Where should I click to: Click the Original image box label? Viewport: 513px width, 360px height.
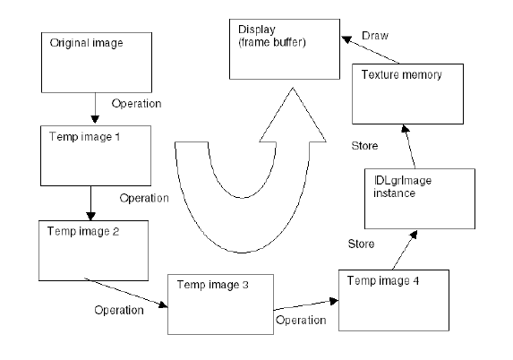[x=86, y=43]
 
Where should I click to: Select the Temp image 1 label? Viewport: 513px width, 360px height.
[x=84, y=136]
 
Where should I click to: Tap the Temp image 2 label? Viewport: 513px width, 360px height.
[x=83, y=231]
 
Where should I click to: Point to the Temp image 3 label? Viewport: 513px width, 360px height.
[x=213, y=285]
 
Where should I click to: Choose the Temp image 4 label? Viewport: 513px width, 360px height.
[x=383, y=281]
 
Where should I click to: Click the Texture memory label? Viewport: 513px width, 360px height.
[x=402, y=75]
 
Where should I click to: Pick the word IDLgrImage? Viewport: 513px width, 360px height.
[x=403, y=181]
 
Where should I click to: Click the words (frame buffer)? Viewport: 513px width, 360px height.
[x=272, y=43]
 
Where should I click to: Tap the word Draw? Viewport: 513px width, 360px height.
[x=375, y=36]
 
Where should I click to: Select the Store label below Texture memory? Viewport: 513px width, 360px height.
[x=364, y=146]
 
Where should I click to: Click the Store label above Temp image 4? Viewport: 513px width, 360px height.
[x=361, y=244]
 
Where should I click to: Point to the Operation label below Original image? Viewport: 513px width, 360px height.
[x=136, y=104]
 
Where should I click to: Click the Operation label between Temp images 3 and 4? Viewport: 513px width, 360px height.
[x=301, y=320]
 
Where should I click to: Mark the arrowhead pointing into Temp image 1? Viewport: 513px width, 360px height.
[x=95, y=119]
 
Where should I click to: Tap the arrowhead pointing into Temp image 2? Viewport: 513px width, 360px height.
[x=91, y=216]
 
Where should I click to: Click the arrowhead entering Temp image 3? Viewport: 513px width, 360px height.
[x=163, y=305]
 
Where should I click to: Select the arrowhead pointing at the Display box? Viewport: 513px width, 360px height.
[x=346, y=39]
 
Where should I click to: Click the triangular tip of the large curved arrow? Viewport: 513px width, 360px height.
[x=293, y=89]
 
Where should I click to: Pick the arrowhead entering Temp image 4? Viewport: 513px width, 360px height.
[x=334, y=301]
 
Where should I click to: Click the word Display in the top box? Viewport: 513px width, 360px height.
[x=256, y=30]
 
